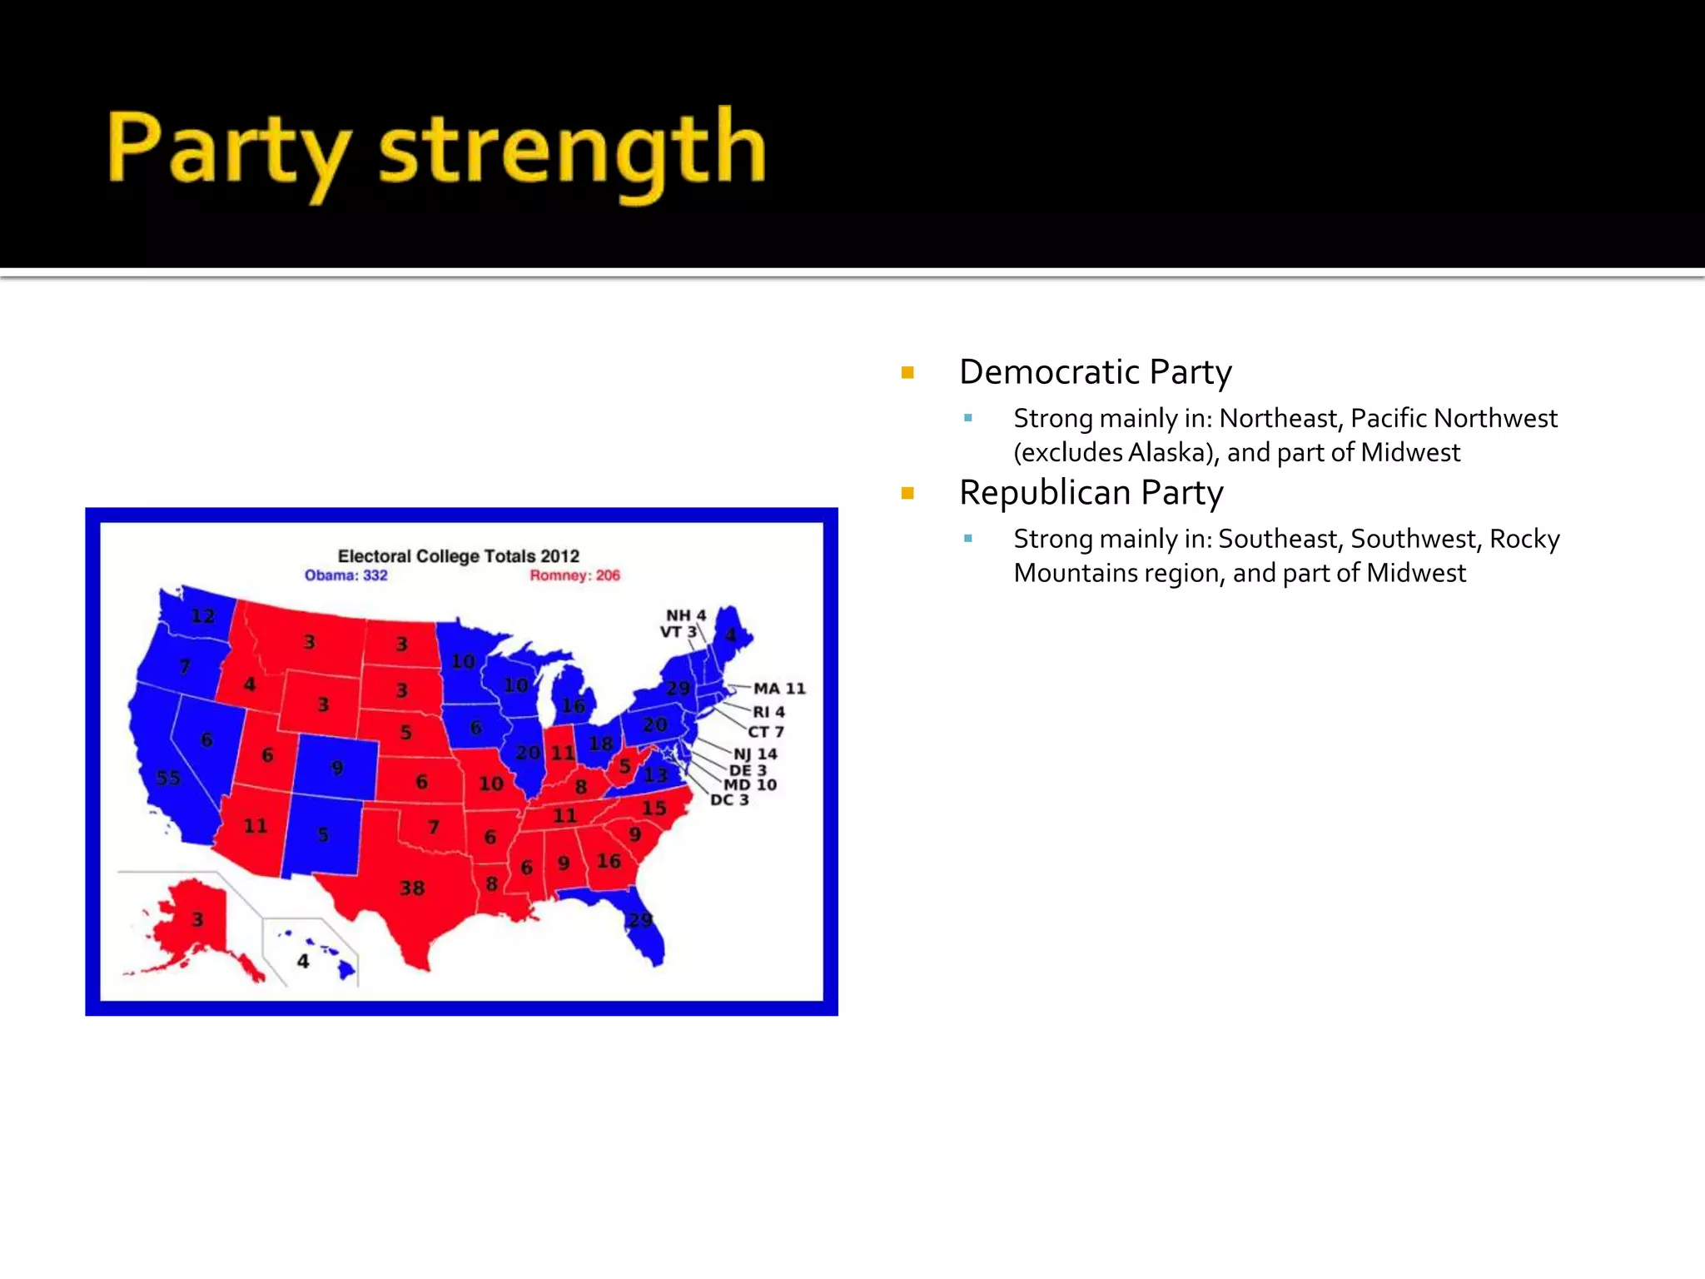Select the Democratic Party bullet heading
(x=1095, y=372)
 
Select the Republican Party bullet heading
(x=1091, y=493)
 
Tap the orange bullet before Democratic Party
(x=907, y=373)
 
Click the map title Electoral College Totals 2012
(x=458, y=555)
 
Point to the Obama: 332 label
(x=345, y=575)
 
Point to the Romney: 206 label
(x=574, y=575)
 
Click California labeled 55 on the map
(x=169, y=778)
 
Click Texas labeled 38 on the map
(x=411, y=888)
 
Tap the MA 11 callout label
(x=779, y=689)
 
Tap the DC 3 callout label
(x=729, y=800)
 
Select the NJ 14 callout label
(x=755, y=754)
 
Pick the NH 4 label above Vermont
(x=685, y=615)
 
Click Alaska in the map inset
(x=196, y=919)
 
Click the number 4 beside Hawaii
(x=303, y=961)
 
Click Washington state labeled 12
(x=202, y=616)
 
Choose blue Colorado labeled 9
(x=336, y=767)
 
